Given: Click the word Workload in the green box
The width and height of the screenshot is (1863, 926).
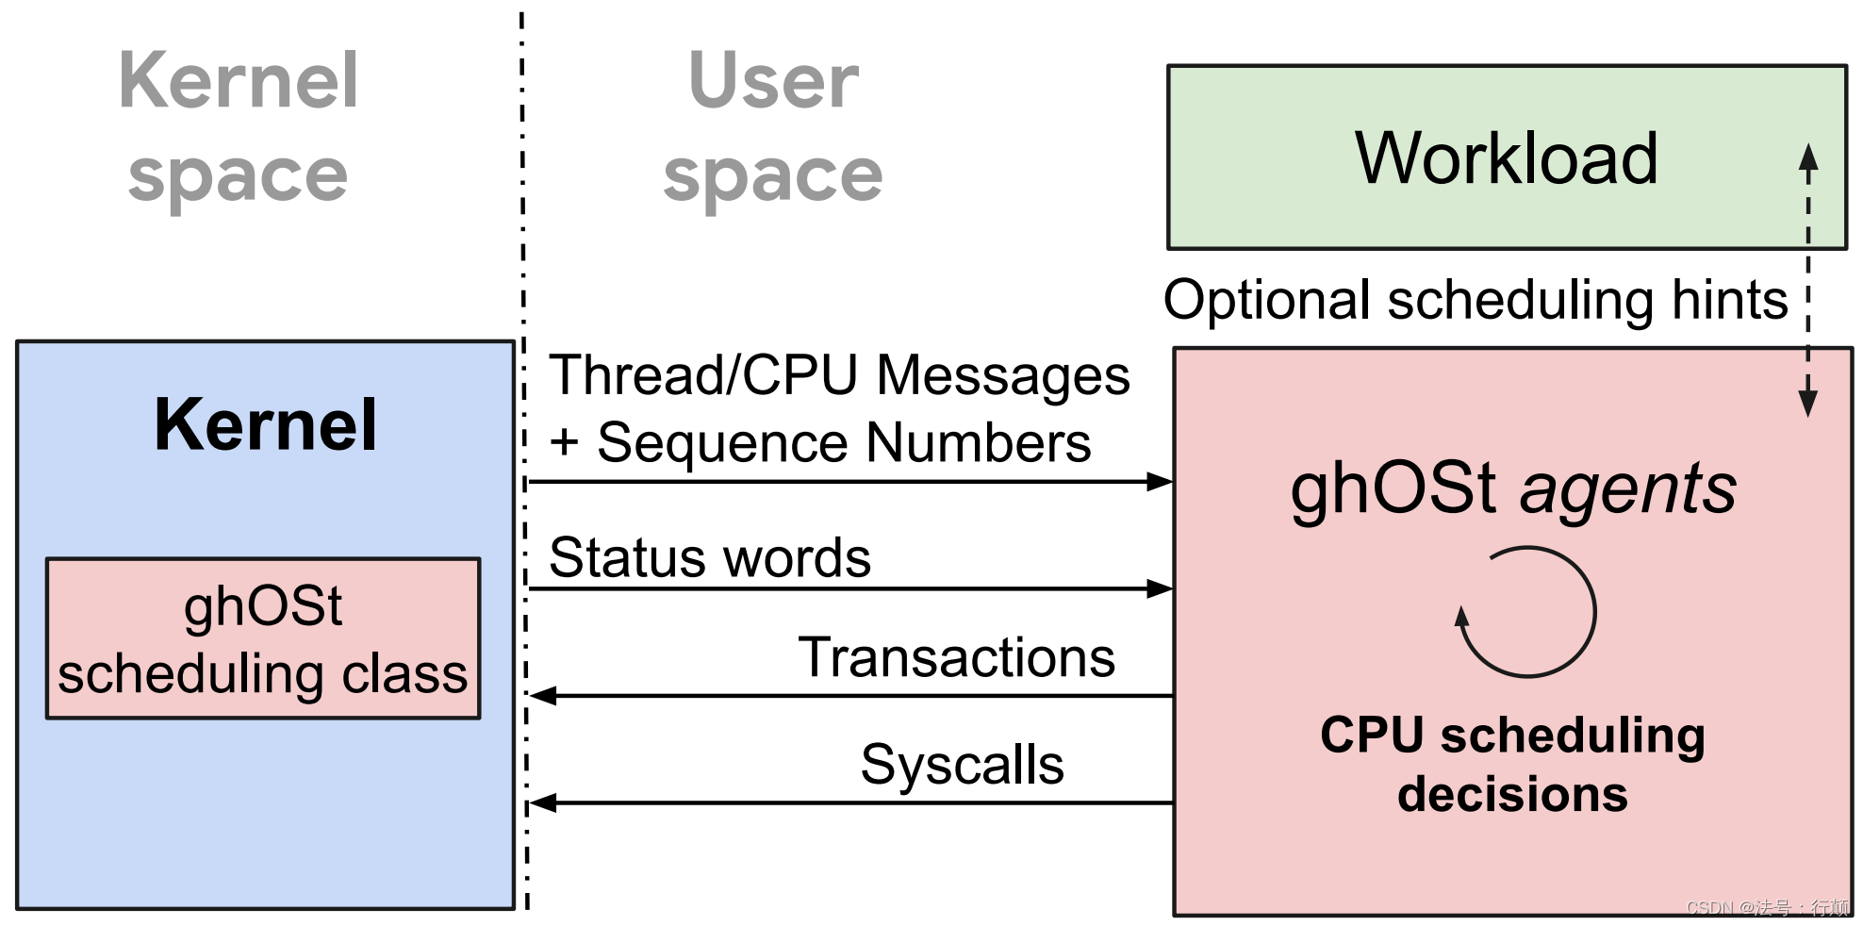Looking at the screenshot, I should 1506,158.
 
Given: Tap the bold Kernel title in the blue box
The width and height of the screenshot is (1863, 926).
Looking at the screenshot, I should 265,425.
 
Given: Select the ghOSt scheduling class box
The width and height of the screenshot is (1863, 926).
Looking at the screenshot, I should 263,638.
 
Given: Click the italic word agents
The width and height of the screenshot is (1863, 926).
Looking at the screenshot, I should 1627,489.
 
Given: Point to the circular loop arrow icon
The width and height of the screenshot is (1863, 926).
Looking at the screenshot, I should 1527,612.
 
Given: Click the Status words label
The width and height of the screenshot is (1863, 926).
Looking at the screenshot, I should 709,557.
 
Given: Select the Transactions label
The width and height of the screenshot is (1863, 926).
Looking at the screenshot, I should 956,657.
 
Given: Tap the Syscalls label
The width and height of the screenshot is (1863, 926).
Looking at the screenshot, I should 962,764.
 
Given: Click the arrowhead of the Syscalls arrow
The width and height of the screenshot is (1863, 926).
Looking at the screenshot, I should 542,803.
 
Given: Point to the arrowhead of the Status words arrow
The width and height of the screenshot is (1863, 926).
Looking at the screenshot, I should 1160,589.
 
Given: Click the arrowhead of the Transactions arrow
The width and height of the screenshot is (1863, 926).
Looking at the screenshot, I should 542,696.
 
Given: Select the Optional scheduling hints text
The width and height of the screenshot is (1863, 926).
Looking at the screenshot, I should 1476,300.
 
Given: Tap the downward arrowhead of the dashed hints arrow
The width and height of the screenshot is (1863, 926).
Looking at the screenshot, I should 1807,403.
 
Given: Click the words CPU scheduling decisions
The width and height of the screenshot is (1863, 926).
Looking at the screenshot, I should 1512,764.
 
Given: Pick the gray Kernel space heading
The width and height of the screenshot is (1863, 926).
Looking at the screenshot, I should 239,127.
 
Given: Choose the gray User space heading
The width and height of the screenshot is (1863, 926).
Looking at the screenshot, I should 773,127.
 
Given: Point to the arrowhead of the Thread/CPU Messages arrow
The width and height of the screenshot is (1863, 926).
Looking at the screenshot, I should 1160,482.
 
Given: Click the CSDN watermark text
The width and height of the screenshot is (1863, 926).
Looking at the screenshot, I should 1767,907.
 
